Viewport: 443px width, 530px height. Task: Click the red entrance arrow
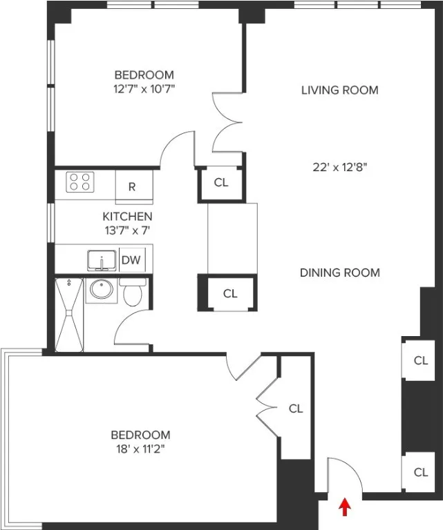(x=344, y=508)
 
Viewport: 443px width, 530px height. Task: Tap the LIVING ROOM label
(x=339, y=90)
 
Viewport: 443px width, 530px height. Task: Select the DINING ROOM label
(x=339, y=273)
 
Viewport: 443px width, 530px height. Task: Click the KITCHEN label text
(x=127, y=216)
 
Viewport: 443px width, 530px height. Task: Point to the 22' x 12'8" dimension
(x=339, y=166)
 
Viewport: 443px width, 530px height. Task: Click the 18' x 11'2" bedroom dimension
(x=140, y=448)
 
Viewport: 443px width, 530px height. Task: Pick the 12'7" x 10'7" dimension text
(x=144, y=88)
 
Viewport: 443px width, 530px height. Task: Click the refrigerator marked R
(x=131, y=186)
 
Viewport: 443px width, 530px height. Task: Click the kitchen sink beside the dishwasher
(x=102, y=262)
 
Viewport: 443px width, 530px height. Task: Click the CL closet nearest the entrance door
(x=420, y=473)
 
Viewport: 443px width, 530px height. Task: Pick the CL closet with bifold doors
(x=295, y=409)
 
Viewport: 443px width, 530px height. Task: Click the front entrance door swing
(x=343, y=476)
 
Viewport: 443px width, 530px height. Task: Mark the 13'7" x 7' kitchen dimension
(x=127, y=228)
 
